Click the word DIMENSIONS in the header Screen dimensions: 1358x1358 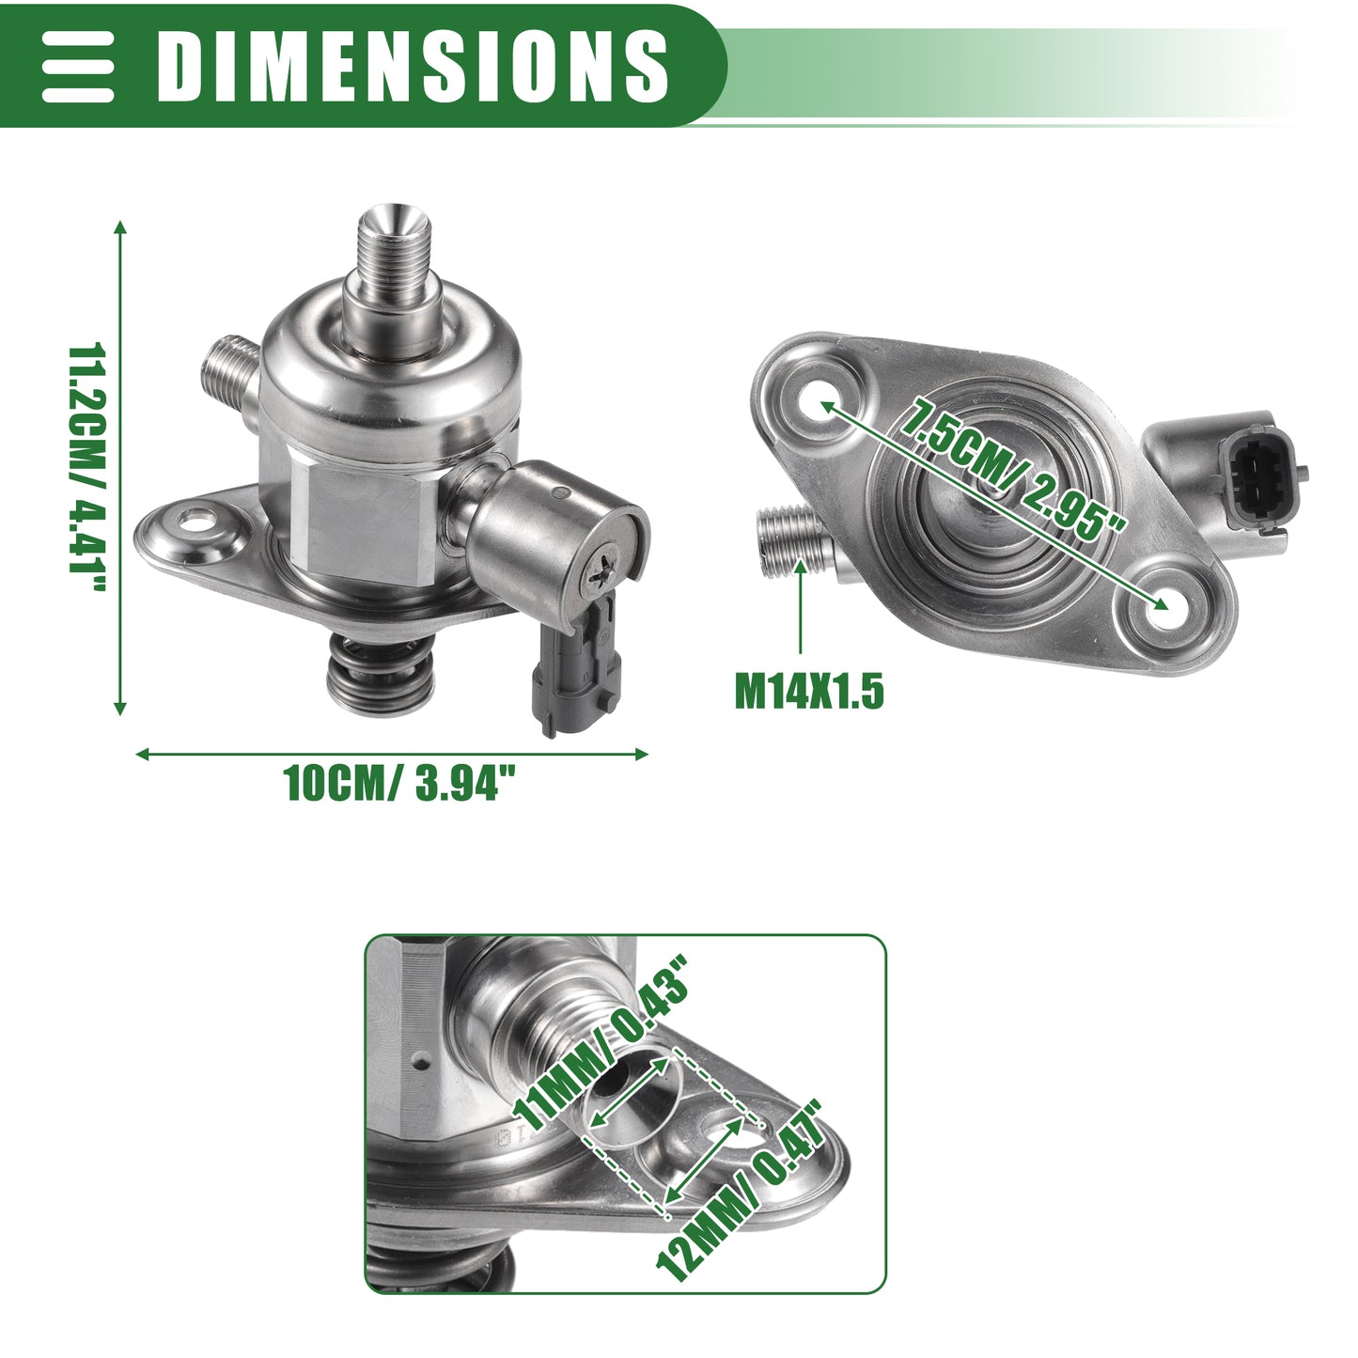[413, 66]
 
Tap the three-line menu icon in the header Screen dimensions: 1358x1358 [77, 66]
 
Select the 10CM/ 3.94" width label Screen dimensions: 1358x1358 [399, 782]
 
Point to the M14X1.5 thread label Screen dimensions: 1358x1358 [809, 692]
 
